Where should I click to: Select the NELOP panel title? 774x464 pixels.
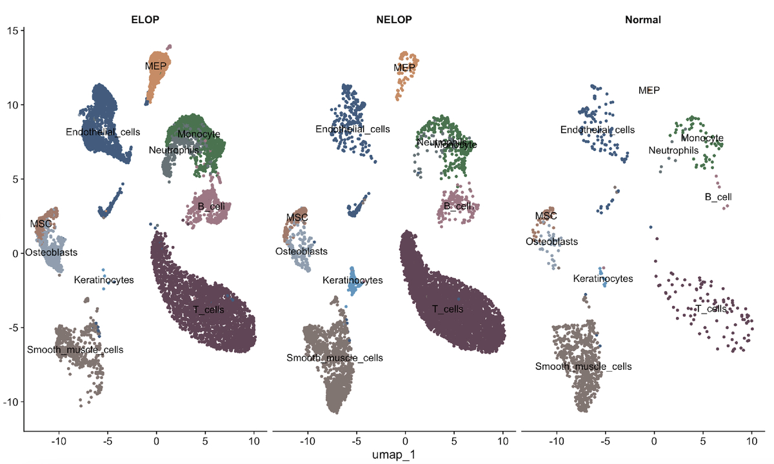point(394,19)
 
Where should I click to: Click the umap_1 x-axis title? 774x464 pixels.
point(394,454)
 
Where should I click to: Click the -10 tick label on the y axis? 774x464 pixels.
point(10,402)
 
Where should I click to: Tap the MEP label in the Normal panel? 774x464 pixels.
point(649,90)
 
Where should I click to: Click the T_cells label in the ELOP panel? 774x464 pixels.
point(209,310)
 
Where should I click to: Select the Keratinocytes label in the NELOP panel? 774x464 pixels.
point(353,280)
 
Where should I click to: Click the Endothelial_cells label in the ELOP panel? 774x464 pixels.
point(103,132)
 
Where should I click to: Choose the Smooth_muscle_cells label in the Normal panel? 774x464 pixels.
point(583,367)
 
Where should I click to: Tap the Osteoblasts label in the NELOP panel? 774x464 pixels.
point(301,251)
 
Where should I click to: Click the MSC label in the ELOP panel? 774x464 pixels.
point(41,224)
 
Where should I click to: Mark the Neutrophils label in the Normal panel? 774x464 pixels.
point(673,150)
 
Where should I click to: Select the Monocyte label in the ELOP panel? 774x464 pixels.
point(199,134)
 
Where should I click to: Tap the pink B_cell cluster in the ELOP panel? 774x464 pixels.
point(208,208)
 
